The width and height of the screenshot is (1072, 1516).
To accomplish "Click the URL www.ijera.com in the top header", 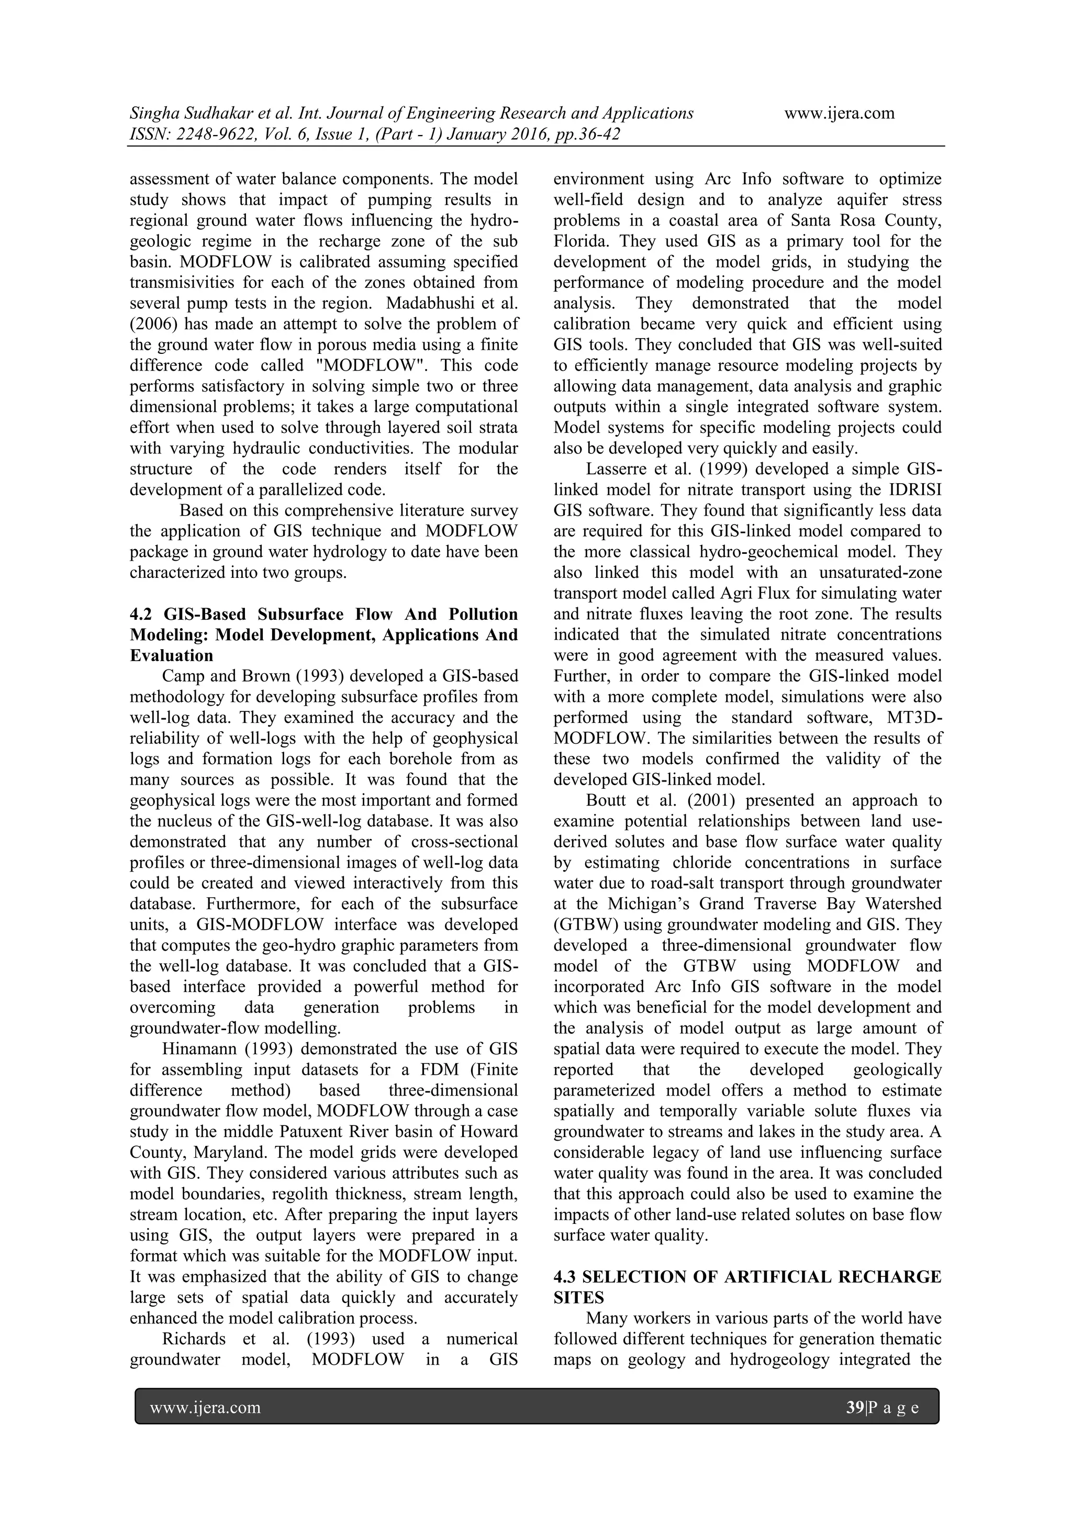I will click(x=839, y=113).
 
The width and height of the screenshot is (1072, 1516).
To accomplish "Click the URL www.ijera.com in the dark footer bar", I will click(x=205, y=1408).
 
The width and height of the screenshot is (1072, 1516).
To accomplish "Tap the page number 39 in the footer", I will click(x=855, y=1408).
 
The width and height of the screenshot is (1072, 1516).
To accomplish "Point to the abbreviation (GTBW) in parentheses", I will click(x=583, y=924).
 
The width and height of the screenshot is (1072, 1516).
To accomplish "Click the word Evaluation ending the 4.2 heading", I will click(x=172, y=655).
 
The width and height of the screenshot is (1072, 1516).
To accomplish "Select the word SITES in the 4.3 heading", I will click(x=579, y=1298).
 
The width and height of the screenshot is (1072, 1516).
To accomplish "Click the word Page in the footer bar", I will click(x=894, y=1408).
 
